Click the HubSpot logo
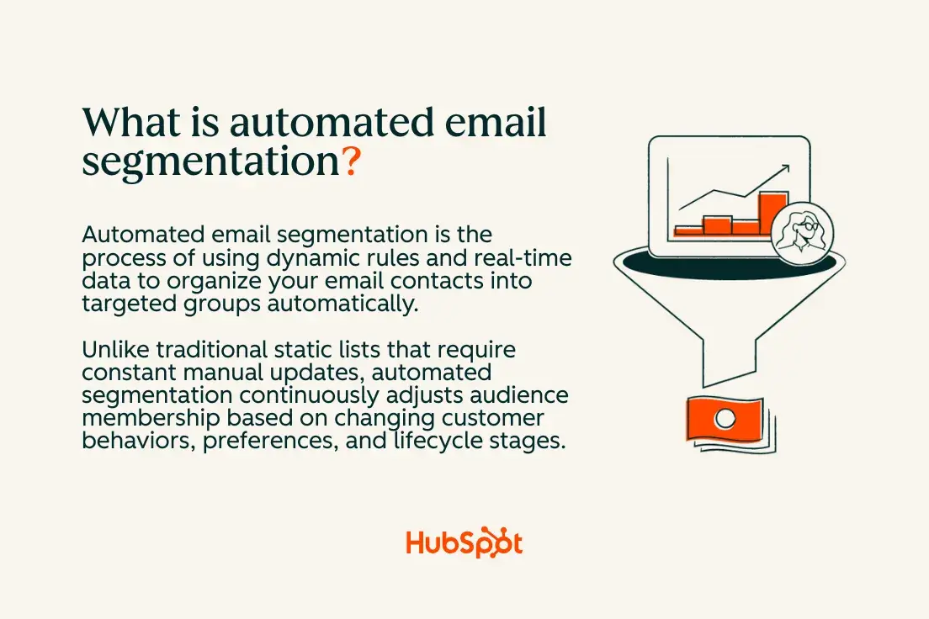tap(464, 543)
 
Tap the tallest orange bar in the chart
tap(773, 212)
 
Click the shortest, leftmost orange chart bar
tap(687, 229)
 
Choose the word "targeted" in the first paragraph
tap(125, 304)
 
